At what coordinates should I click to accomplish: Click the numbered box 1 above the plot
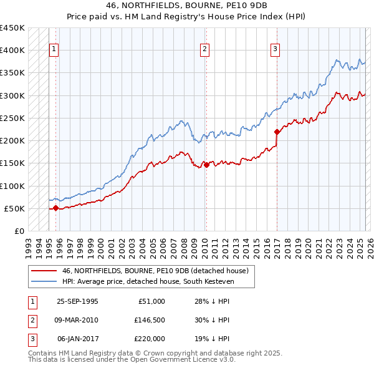(54, 51)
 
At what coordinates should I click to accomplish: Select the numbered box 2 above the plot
(204, 51)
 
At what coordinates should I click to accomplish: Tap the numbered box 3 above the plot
(275, 51)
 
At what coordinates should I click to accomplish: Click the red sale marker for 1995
(56, 208)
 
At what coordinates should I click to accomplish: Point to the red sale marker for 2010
(206, 165)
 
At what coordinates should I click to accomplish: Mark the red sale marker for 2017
(277, 132)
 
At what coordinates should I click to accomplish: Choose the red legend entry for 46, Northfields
(155, 271)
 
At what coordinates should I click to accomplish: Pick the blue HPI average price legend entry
(158, 281)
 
